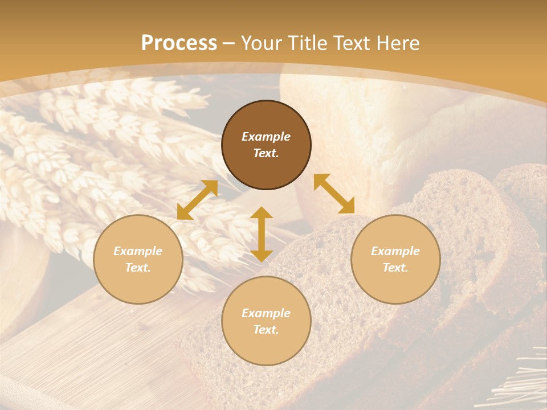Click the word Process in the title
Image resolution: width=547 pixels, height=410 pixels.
[179, 43]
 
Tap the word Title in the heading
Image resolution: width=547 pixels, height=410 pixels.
[311, 43]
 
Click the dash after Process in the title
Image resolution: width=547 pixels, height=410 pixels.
[229, 44]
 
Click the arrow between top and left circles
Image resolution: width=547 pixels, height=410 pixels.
[197, 200]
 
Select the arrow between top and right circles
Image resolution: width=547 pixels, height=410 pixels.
[334, 194]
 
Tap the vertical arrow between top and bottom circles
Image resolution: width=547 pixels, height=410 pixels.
[262, 234]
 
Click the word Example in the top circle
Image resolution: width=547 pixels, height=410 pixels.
[266, 137]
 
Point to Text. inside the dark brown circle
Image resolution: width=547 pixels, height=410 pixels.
[266, 154]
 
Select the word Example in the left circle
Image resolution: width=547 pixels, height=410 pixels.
[138, 251]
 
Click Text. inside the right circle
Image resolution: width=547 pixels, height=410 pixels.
[395, 268]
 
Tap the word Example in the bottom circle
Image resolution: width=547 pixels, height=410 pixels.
[266, 313]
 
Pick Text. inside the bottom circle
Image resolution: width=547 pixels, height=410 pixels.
[266, 330]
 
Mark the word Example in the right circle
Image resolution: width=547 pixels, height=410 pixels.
[395, 251]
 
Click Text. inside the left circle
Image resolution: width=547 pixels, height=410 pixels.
[138, 268]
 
